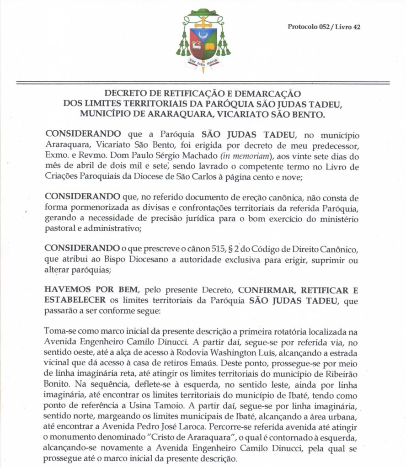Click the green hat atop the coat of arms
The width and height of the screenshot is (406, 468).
pos(203,10)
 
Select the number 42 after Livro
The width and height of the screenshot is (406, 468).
pos(357,27)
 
